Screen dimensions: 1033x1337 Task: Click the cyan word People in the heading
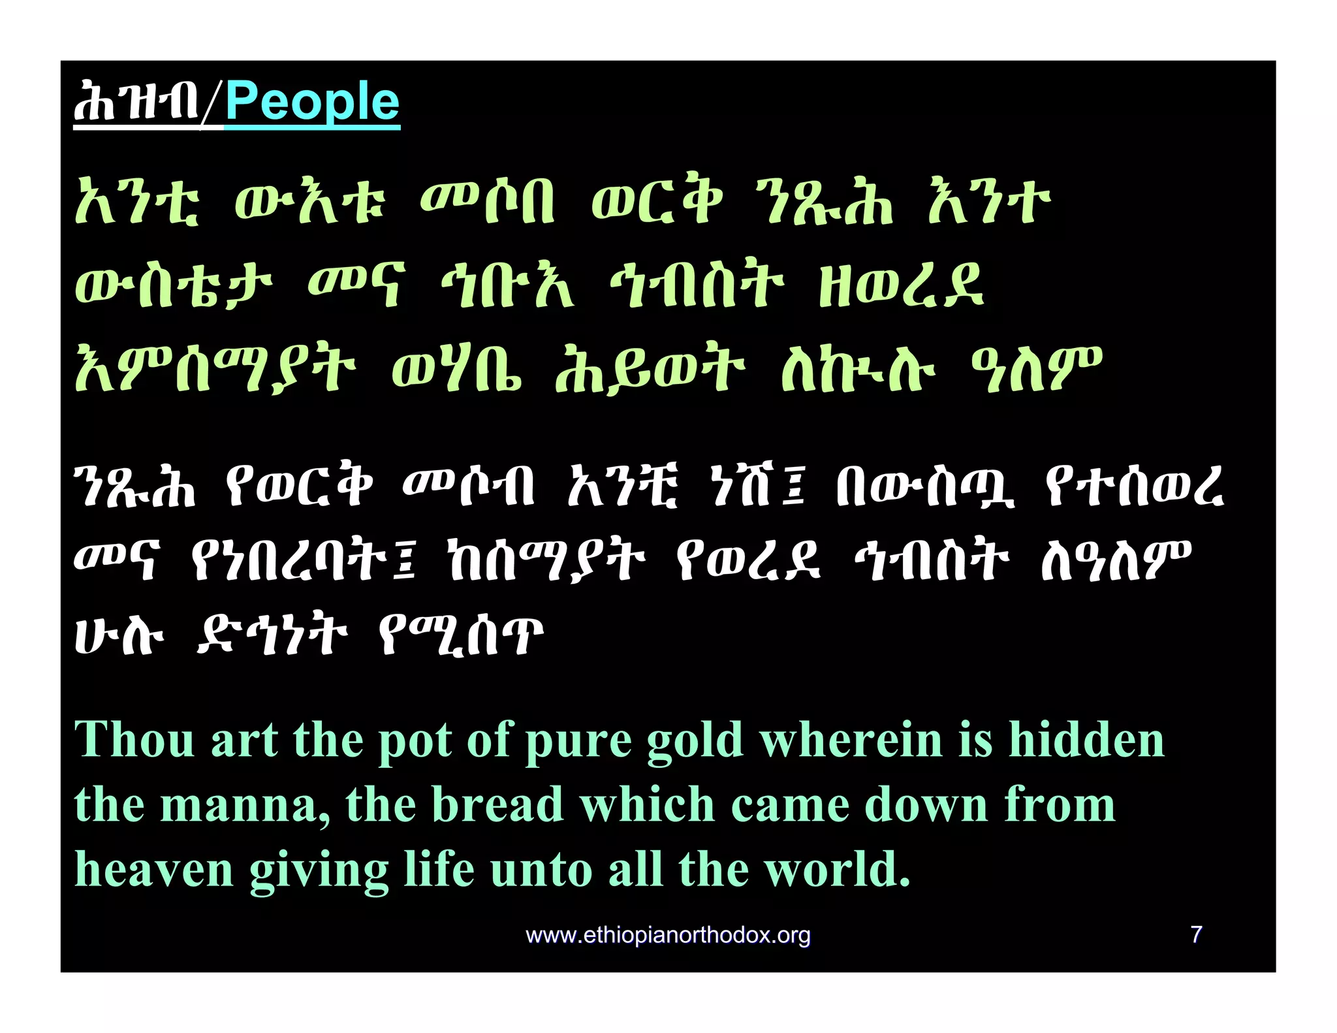coord(312,103)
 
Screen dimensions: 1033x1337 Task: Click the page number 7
coord(1196,934)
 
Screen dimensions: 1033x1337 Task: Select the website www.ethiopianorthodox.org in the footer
coord(668,936)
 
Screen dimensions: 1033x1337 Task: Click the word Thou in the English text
coord(134,740)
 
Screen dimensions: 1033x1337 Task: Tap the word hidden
coord(1086,740)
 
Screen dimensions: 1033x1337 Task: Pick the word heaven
coord(153,870)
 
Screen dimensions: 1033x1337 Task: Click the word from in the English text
coord(1060,804)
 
